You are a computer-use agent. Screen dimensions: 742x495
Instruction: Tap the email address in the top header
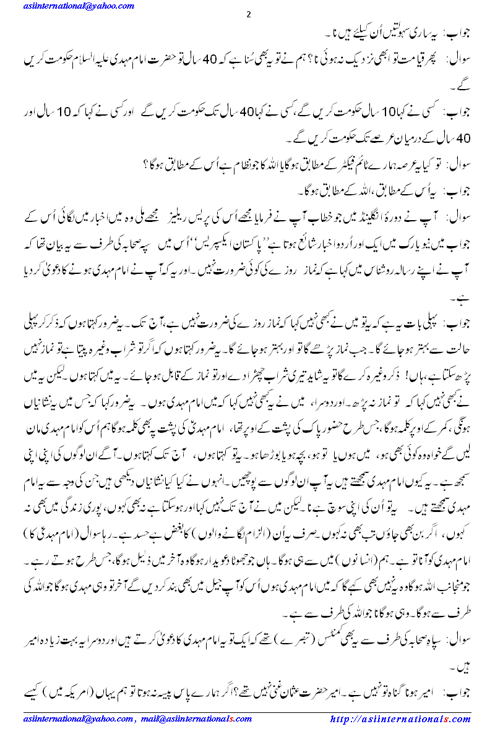[70, 6]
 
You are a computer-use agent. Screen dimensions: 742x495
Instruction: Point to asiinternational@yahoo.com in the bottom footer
[74, 719]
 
